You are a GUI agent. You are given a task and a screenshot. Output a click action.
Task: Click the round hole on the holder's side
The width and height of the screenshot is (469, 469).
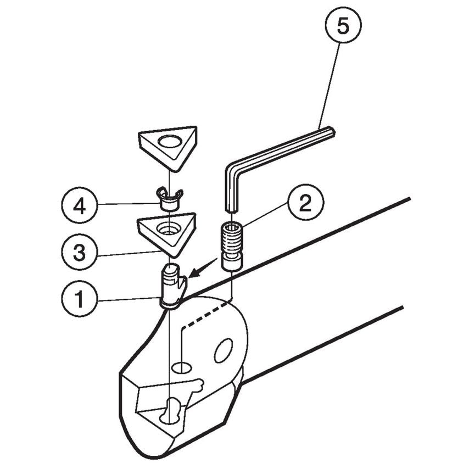pos(224,350)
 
